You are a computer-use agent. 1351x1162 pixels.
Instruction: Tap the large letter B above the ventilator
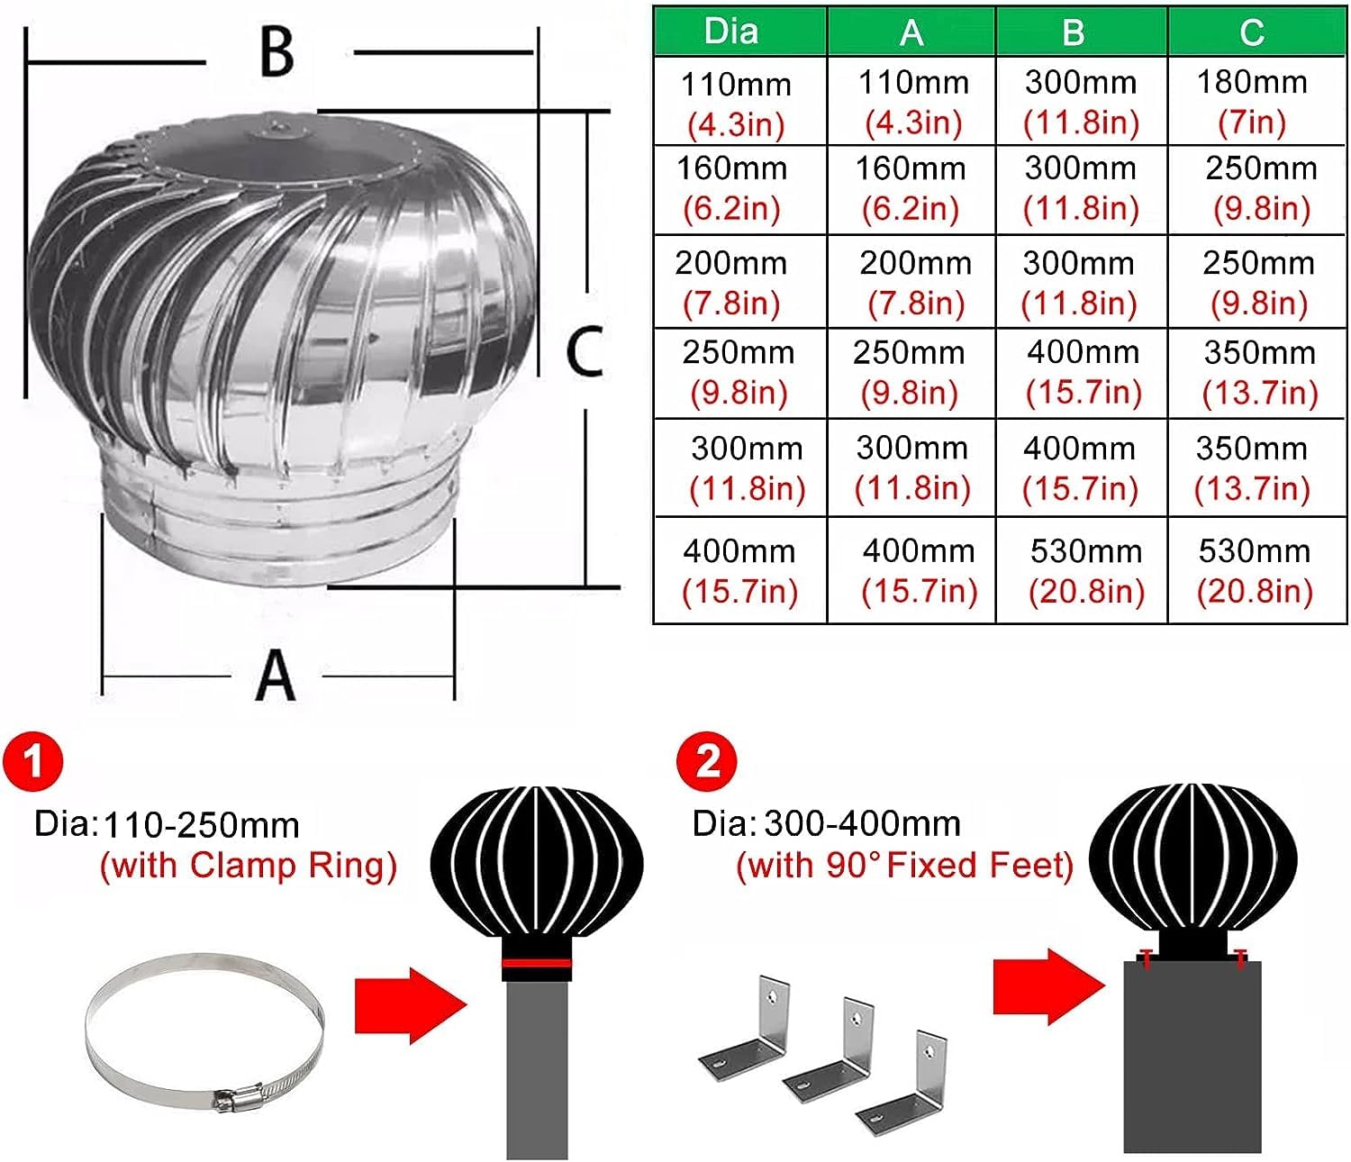pyautogui.click(x=277, y=51)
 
